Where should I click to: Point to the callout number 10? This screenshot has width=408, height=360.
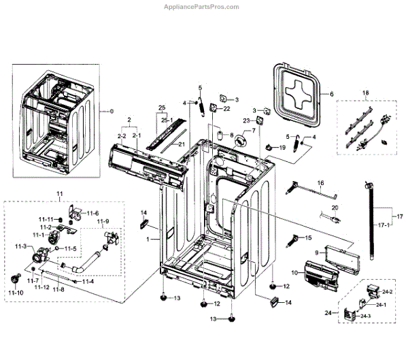point(295,273)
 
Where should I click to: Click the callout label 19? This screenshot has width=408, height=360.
point(282,148)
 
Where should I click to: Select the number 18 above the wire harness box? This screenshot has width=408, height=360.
point(365,92)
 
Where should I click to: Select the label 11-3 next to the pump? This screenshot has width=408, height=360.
point(20,246)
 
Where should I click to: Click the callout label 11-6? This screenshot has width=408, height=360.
point(92,213)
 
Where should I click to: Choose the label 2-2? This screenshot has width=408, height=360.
point(122,137)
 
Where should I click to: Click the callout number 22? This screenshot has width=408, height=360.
point(227,109)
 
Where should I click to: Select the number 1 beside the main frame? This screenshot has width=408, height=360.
point(148,240)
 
